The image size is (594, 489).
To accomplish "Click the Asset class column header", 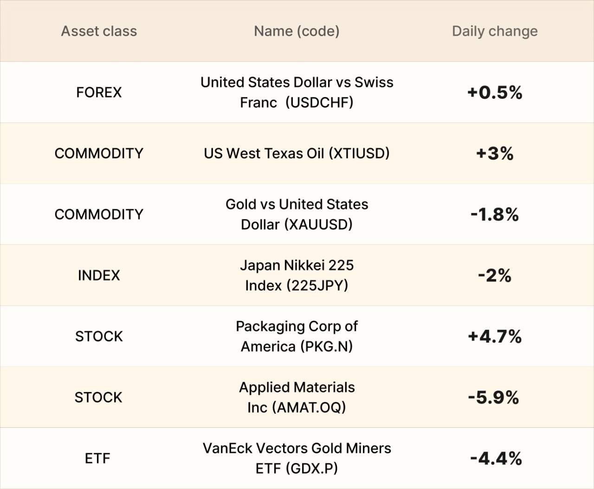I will [x=99, y=31].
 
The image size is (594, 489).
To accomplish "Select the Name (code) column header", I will [x=297, y=31].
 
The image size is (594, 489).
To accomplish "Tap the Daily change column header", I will [x=495, y=31].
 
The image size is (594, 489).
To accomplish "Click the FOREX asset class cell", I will [x=99, y=92].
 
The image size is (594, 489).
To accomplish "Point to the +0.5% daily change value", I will [x=495, y=92].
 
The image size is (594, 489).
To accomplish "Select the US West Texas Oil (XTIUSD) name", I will [x=297, y=154].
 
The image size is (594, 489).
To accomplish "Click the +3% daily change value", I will [x=495, y=154].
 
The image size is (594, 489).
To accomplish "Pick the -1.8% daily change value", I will [x=495, y=214].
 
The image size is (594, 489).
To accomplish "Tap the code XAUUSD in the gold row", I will [x=318, y=225].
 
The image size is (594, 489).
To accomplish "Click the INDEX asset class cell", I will [x=99, y=276].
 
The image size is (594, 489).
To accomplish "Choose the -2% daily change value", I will [x=495, y=276].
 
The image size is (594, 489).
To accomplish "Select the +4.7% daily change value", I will [x=495, y=336].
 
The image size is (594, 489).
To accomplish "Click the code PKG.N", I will [x=327, y=347].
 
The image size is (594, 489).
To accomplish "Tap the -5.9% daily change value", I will [x=494, y=398].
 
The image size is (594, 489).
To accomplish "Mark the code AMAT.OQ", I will [x=309, y=408].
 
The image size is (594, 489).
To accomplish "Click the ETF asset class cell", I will [x=97, y=458].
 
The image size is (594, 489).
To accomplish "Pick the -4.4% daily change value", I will [x=496, y=458].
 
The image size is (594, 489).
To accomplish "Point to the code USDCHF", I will [x=319, y=103].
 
